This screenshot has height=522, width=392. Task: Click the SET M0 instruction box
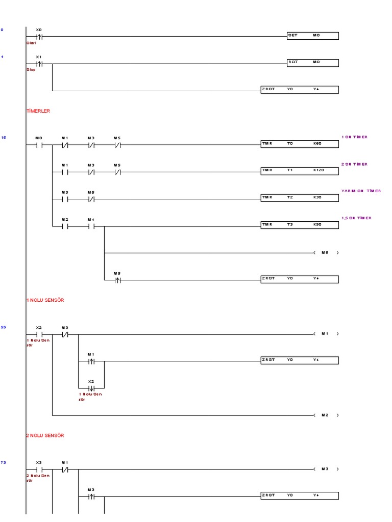(x=312, y=36)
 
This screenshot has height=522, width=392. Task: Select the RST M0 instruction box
(x=312, y=63)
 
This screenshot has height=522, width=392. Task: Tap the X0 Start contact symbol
(x=39, y=37)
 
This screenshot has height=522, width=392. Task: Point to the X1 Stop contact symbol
(x=39, y=64)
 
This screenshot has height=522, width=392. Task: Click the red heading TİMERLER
(x=38, y=111)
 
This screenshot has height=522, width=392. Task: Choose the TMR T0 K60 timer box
(x=299, y=144)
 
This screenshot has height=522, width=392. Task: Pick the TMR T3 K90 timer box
(x=299, y=225)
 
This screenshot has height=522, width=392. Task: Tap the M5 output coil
(x=326, y=252)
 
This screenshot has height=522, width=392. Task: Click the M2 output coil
(x=326, y=415)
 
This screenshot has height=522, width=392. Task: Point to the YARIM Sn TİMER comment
(x=361, y=191)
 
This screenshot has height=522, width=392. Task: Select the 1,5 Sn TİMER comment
(x=356, y=218)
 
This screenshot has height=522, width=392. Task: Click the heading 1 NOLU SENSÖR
(x=45, y=300)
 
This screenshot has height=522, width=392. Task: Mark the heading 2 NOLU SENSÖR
(x=45, y=436)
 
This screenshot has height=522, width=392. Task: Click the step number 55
(x=3, y=327)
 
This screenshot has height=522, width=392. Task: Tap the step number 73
(x=3, y=462)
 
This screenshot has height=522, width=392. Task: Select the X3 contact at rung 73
(x=39, y=469)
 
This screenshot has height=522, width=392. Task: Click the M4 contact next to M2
(x=91, y=225)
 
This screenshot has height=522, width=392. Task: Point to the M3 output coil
(x=326, y=469)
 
